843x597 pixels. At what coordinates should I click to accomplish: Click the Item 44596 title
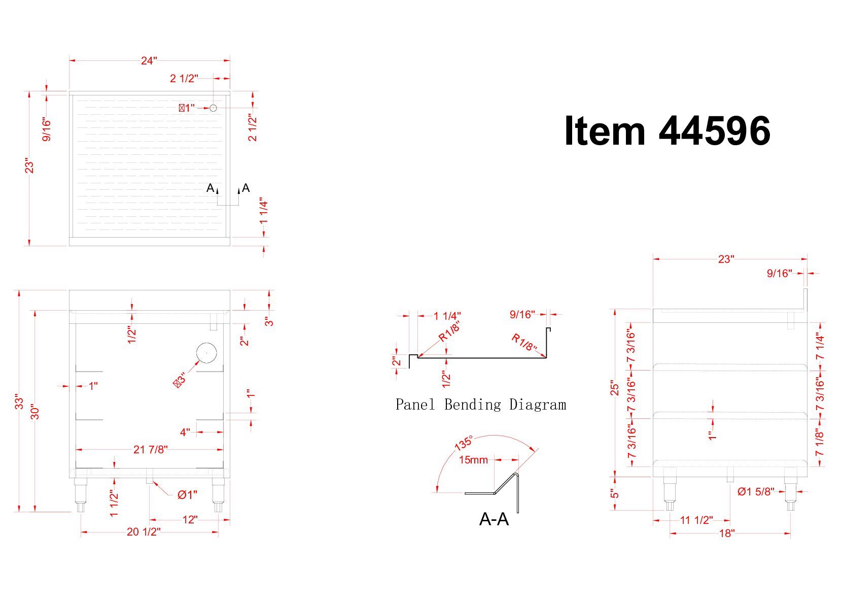click(x=667, y=131)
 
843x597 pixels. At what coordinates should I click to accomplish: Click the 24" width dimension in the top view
click(x=149, y=61)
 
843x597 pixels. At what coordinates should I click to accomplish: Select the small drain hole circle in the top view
click(x=214, y=108)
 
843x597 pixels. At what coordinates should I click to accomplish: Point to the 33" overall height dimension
click(x=19, y=402)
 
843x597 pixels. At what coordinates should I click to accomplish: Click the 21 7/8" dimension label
click(x=150, y=450)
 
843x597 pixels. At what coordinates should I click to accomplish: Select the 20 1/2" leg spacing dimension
click(x=144, y=532)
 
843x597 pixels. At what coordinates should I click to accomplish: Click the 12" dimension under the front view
click(x=190, y=520)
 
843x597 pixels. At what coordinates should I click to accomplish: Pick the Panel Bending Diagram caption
click(x=480, y=405)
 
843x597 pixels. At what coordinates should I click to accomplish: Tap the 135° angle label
click(x=464, y=443)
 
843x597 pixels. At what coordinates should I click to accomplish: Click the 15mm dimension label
click(x=473, y=460)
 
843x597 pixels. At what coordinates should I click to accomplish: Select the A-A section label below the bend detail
click(x=494, y=519)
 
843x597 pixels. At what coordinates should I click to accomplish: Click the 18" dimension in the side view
click(x=726, y=533)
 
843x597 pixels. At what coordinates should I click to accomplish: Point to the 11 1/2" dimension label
click(x=696, y=520)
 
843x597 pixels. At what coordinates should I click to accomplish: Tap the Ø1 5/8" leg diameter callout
click(x=756, y=491)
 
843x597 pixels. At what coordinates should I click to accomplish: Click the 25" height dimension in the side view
click(x=615, y=388)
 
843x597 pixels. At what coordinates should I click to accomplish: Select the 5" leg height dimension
click(x=615, y=494)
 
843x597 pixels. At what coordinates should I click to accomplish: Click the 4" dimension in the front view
click(x=185, y=433)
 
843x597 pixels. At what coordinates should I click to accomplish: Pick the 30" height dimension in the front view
click(x=35, y=412)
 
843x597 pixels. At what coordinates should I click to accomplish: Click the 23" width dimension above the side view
click(x=726, y=259)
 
